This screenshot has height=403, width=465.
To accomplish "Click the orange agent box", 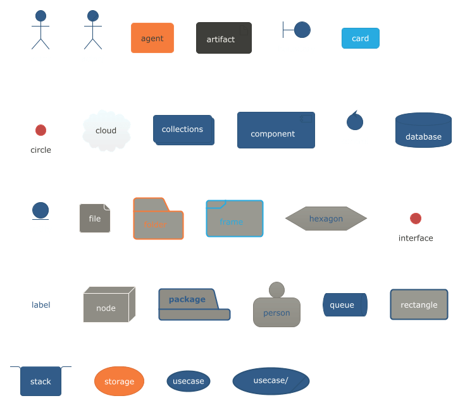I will (x=152, y=38).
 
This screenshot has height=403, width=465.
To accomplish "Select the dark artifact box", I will (x=223, y=39).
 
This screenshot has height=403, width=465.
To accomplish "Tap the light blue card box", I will (x=360, y=39).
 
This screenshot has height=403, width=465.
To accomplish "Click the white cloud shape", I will (x=106, y=131).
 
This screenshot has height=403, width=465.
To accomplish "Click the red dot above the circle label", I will (x=40, y=130).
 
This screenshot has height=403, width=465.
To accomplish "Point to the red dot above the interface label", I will (x=415, y=219).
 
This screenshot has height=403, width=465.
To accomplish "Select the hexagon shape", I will (x=326, y=219).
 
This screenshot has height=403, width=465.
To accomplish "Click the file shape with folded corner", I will (x=94, y=219).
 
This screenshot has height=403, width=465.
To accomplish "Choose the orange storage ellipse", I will (x=119, y=382).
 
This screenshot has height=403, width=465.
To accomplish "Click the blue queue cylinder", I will (x=344, y=305).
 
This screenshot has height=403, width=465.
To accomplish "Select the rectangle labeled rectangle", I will (x=419, y=304).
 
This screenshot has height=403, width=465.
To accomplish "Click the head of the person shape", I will (x=276, y=290).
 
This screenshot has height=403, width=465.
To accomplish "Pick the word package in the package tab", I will (x=187, y=299).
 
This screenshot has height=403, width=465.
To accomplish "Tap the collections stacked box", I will (x=183, y=129).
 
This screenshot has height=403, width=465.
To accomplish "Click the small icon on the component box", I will (x=306, y=119).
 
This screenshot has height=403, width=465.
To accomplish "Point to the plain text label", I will (x=40, y=305).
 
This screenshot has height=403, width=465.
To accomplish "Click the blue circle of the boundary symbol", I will (x=302, y=30).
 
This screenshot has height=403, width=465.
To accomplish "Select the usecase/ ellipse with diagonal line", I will (x=271, y=381).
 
